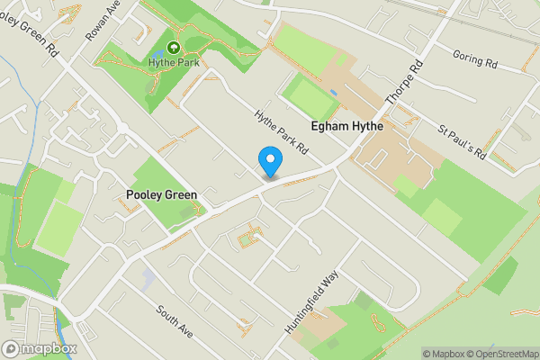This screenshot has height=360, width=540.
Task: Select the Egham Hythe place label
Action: [346, 127]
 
